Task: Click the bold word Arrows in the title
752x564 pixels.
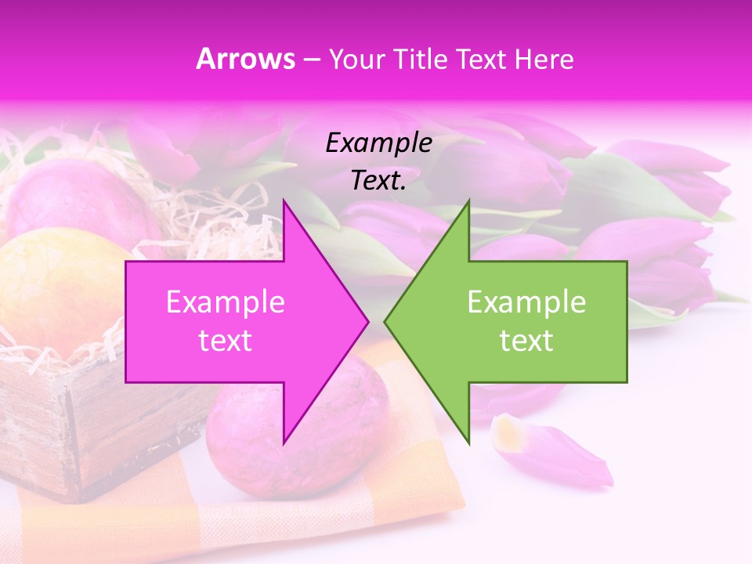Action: [245, 60]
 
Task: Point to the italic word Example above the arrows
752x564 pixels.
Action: [378, 143]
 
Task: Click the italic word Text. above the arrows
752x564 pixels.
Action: [378, 181]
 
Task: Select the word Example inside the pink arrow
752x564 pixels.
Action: [225, 302]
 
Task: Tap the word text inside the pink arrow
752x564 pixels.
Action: [225, 341]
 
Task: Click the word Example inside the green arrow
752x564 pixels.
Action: [526, 302]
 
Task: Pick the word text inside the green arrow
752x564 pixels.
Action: [526, 341]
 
